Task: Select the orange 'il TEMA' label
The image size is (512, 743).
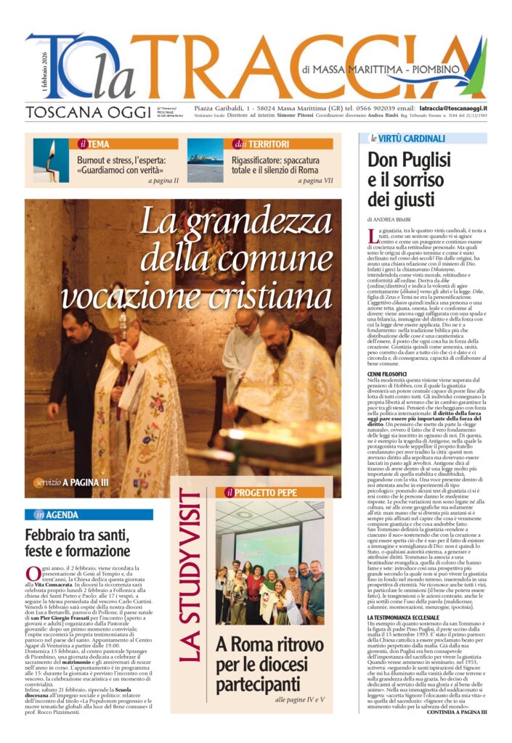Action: point(94,144)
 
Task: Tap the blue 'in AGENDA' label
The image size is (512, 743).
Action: point(58,514)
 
